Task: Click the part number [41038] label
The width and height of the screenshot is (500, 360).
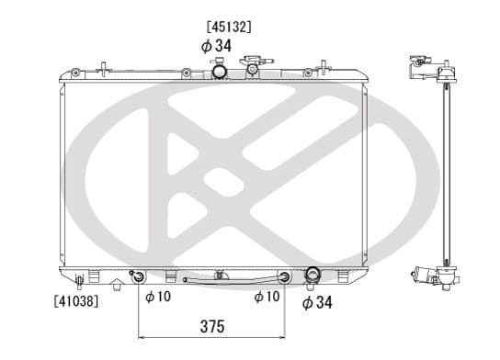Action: coord(77,299)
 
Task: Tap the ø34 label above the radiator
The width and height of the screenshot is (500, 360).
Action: coord(219,45)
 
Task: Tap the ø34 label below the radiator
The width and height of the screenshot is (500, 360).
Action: coord(317,302)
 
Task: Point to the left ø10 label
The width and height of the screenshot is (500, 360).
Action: coord(158,297)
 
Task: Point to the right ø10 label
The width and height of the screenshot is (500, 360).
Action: coord(267,297)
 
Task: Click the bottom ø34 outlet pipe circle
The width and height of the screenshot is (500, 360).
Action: coord(312,276)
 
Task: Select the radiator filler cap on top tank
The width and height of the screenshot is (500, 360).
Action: coord(252,65)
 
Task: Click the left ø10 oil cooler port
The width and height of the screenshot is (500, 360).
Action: coord(138,276)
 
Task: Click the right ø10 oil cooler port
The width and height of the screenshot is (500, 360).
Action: coord(285,276)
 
